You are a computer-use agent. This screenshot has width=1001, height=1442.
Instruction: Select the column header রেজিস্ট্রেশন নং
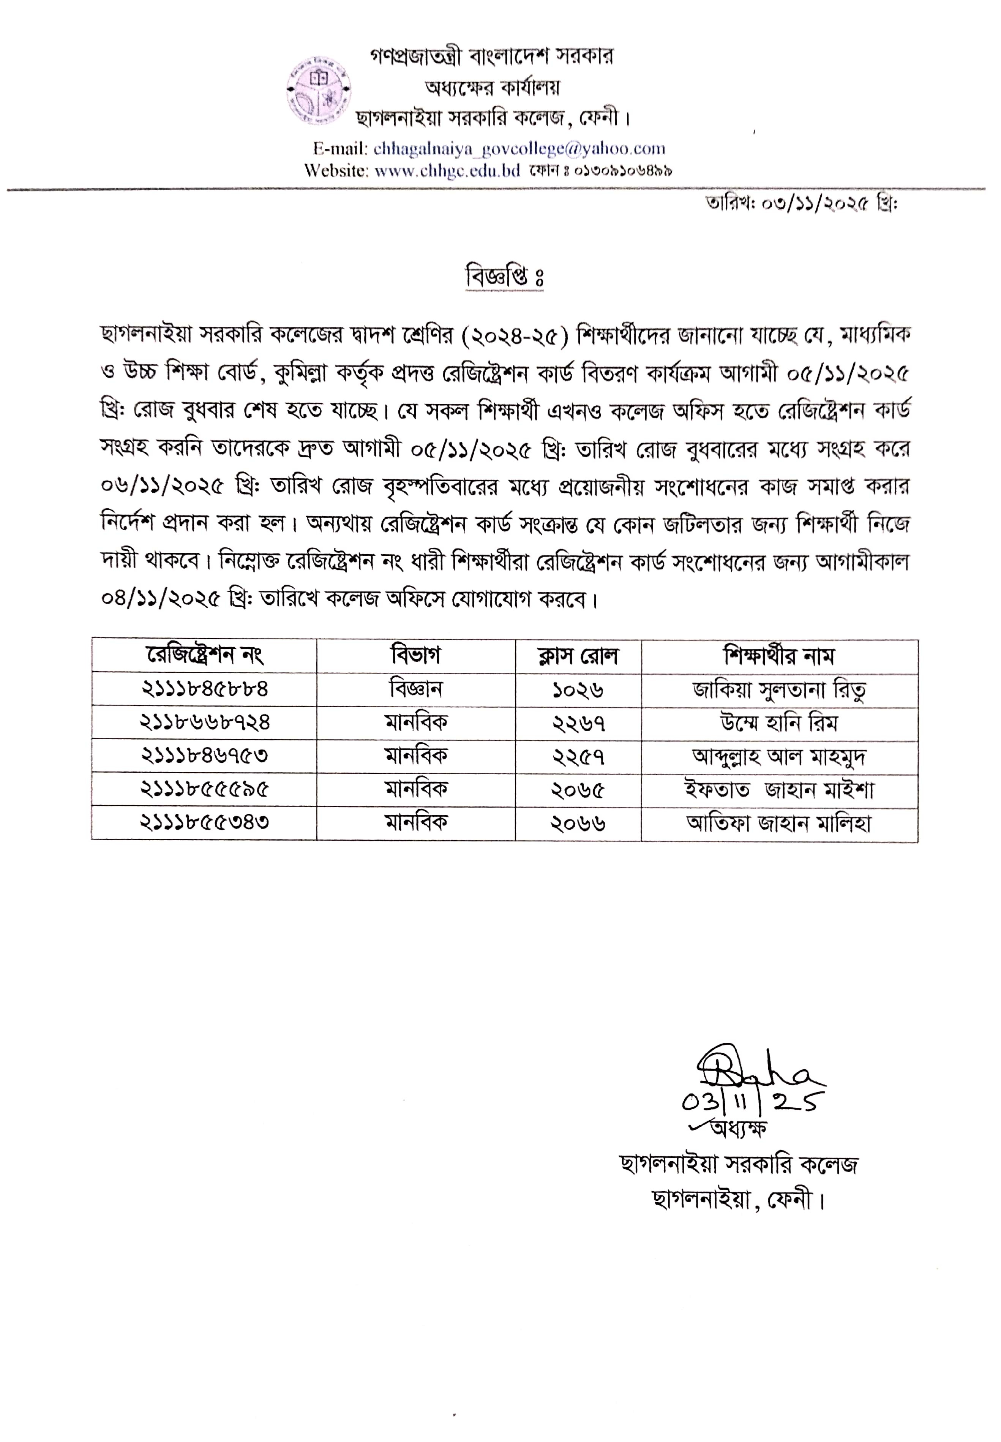tap(204, 655)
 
